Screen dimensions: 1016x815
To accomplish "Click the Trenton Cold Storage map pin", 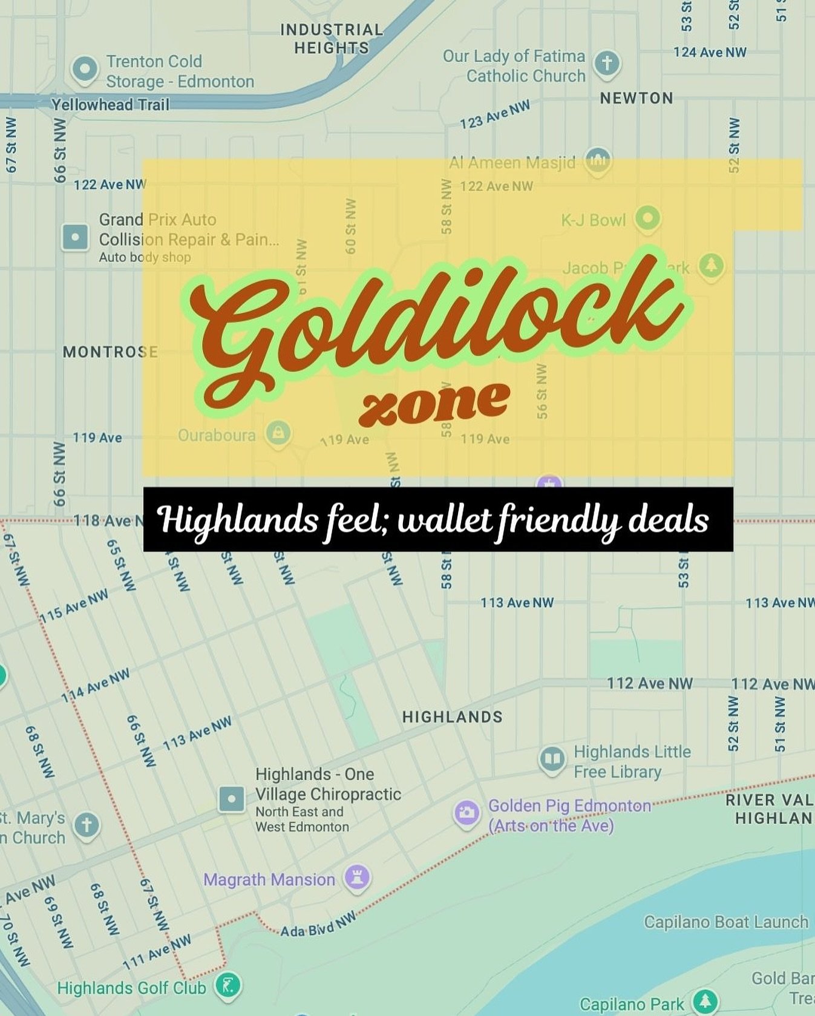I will click(85, 68).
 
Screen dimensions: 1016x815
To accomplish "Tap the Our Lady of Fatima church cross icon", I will click(607, 62).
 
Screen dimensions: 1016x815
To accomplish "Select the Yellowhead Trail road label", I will click(110, 105).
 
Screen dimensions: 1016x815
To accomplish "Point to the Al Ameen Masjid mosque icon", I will click(598, 160).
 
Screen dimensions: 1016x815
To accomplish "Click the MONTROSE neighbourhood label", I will click(110, 352).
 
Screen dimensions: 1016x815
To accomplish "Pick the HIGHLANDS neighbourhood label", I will click(452, 717).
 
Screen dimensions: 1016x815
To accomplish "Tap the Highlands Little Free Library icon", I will click(552, 758).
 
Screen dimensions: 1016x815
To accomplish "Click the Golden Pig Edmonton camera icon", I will click(467, 813).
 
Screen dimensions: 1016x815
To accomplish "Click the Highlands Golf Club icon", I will click(229, 986).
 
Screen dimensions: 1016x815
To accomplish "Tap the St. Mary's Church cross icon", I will click(87, 824).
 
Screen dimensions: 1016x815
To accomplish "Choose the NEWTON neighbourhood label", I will click(636, 98).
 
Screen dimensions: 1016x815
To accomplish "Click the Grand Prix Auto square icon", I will click(76, 237).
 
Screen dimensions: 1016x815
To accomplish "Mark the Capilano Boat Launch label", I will click(725, 922).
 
